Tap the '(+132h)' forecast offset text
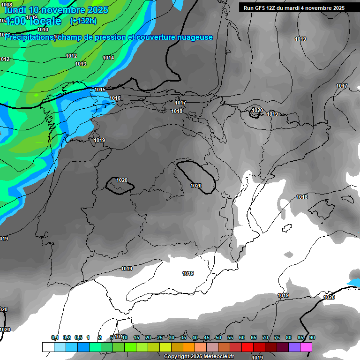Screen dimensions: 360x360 (x=83, y=21)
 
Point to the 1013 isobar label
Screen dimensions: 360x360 (x=81, y=64)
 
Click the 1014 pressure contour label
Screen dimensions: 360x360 (x=108, y=58)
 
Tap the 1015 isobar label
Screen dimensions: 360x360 (x=100, y=90)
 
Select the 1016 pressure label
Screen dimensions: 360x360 (x=115, y=98)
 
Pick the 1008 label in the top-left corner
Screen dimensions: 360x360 (x=7, y=5)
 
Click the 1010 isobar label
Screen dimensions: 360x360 (x=43, y=30)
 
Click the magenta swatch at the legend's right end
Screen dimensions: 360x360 (x=306, y=347)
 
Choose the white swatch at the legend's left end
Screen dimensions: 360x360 (x=48, y=347)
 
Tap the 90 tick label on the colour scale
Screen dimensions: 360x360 (x=312, y=337)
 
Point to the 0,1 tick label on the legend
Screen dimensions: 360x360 (x=54, y=337)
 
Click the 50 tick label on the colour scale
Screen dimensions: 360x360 (x=218, y=337)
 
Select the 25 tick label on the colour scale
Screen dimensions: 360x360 (x=160, y=337)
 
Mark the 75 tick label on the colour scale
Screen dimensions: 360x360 (x=277, y=337)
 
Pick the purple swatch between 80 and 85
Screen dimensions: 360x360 (x=294, y=347)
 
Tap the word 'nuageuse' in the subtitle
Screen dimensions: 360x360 (x=197, y=37)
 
